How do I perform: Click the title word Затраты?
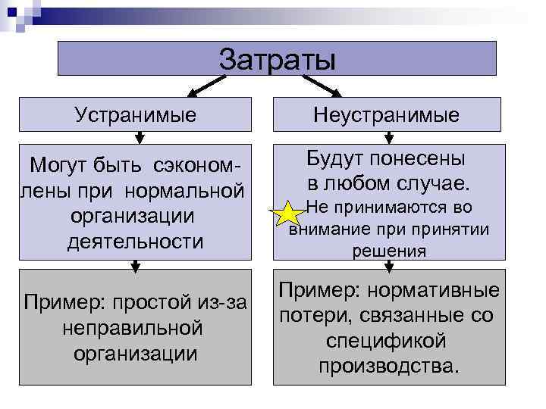click(x=276, y=58)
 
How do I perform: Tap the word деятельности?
click(x=136, y=242)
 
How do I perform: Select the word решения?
click(x=389, y=251)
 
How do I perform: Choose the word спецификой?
click(x=388, y=341)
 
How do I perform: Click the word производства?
click(x=388, y=367)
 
